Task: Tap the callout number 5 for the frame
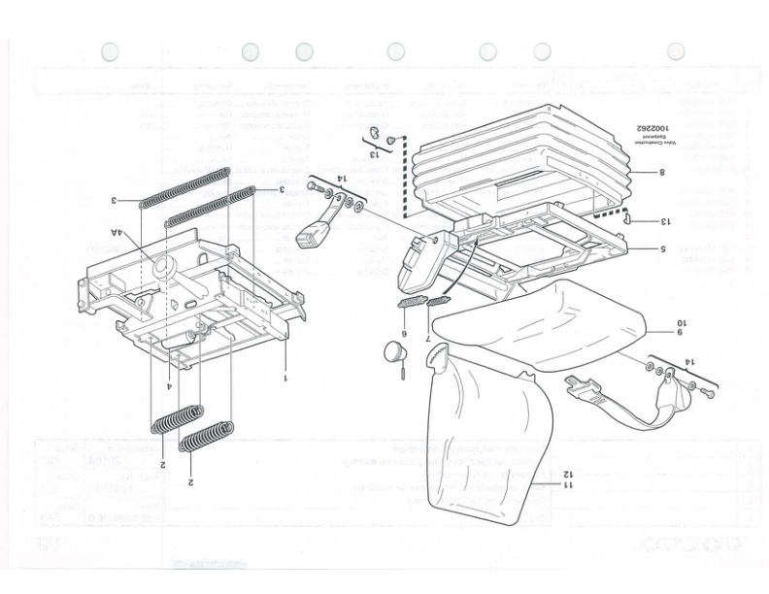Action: (x=660, y=249)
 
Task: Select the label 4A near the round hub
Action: (x=117, y=234)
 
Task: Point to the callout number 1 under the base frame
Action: (x=284, y=378)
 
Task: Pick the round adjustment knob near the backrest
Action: (x=393, y=350)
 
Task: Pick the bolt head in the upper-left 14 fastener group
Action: (x=314, y=185)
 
